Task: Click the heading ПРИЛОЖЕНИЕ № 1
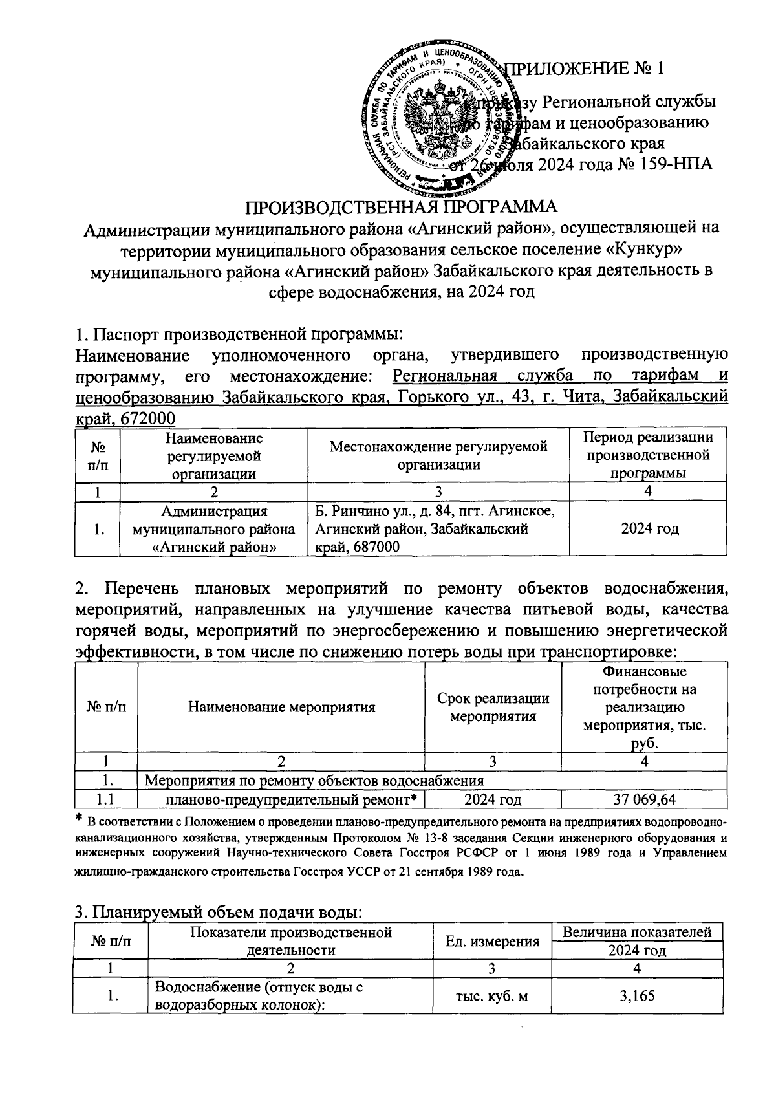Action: point(587,69)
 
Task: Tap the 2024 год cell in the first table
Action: point(649,529)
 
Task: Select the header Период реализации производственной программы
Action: point(649,455)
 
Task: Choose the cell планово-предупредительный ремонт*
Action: point(290,799)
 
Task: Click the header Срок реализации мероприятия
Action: point(493,707)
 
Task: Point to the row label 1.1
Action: point(107,799)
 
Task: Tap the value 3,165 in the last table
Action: point(637,996)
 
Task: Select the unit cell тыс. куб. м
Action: point(493,996)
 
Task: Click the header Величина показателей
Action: point(637,932)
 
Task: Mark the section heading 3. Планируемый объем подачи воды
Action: point(220,913)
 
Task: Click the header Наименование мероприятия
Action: point(281,707)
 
